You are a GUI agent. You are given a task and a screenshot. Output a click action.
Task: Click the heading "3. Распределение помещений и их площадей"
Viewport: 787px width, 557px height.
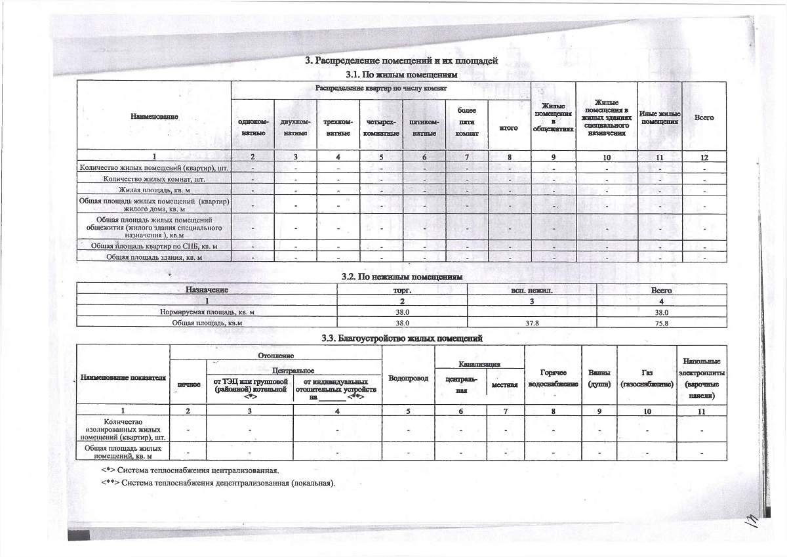[x=402, y=61]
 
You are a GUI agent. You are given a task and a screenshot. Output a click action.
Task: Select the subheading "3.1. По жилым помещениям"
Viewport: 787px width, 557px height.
[x=401, y=75]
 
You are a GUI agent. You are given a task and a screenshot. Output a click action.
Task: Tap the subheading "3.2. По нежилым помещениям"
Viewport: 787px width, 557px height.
[x=402, y=278]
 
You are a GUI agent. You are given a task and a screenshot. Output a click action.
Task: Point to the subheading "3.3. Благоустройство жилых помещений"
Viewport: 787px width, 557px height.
[x=402, y=339]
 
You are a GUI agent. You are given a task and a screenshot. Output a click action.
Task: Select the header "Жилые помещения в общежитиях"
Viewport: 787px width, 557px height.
[x=554, y=117]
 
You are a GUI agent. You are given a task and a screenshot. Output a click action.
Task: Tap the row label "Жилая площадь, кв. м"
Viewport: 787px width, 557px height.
[x=154, y=190]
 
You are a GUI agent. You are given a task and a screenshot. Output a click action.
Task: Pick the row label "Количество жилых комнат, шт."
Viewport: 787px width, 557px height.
[x=155, y=178]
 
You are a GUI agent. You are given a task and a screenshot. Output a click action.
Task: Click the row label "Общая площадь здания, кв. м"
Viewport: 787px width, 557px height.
[x=154, y=257]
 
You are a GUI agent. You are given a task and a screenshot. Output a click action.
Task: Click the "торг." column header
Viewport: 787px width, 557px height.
[x=401, y=289]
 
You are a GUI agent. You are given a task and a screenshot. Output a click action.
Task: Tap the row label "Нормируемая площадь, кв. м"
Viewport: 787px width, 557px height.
[x=207, y=312]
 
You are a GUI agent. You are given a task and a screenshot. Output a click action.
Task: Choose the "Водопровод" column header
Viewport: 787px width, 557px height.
[x=408, y=379]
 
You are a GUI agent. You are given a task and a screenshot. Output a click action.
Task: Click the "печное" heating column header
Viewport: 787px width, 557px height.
[x=188, y=384]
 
